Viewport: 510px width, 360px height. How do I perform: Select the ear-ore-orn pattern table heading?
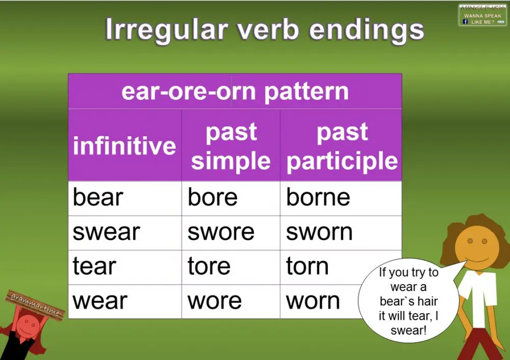point(235,92)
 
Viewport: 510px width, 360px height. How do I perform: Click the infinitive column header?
point(124,145)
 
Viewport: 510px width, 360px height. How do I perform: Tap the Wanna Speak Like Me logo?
point(482,15)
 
